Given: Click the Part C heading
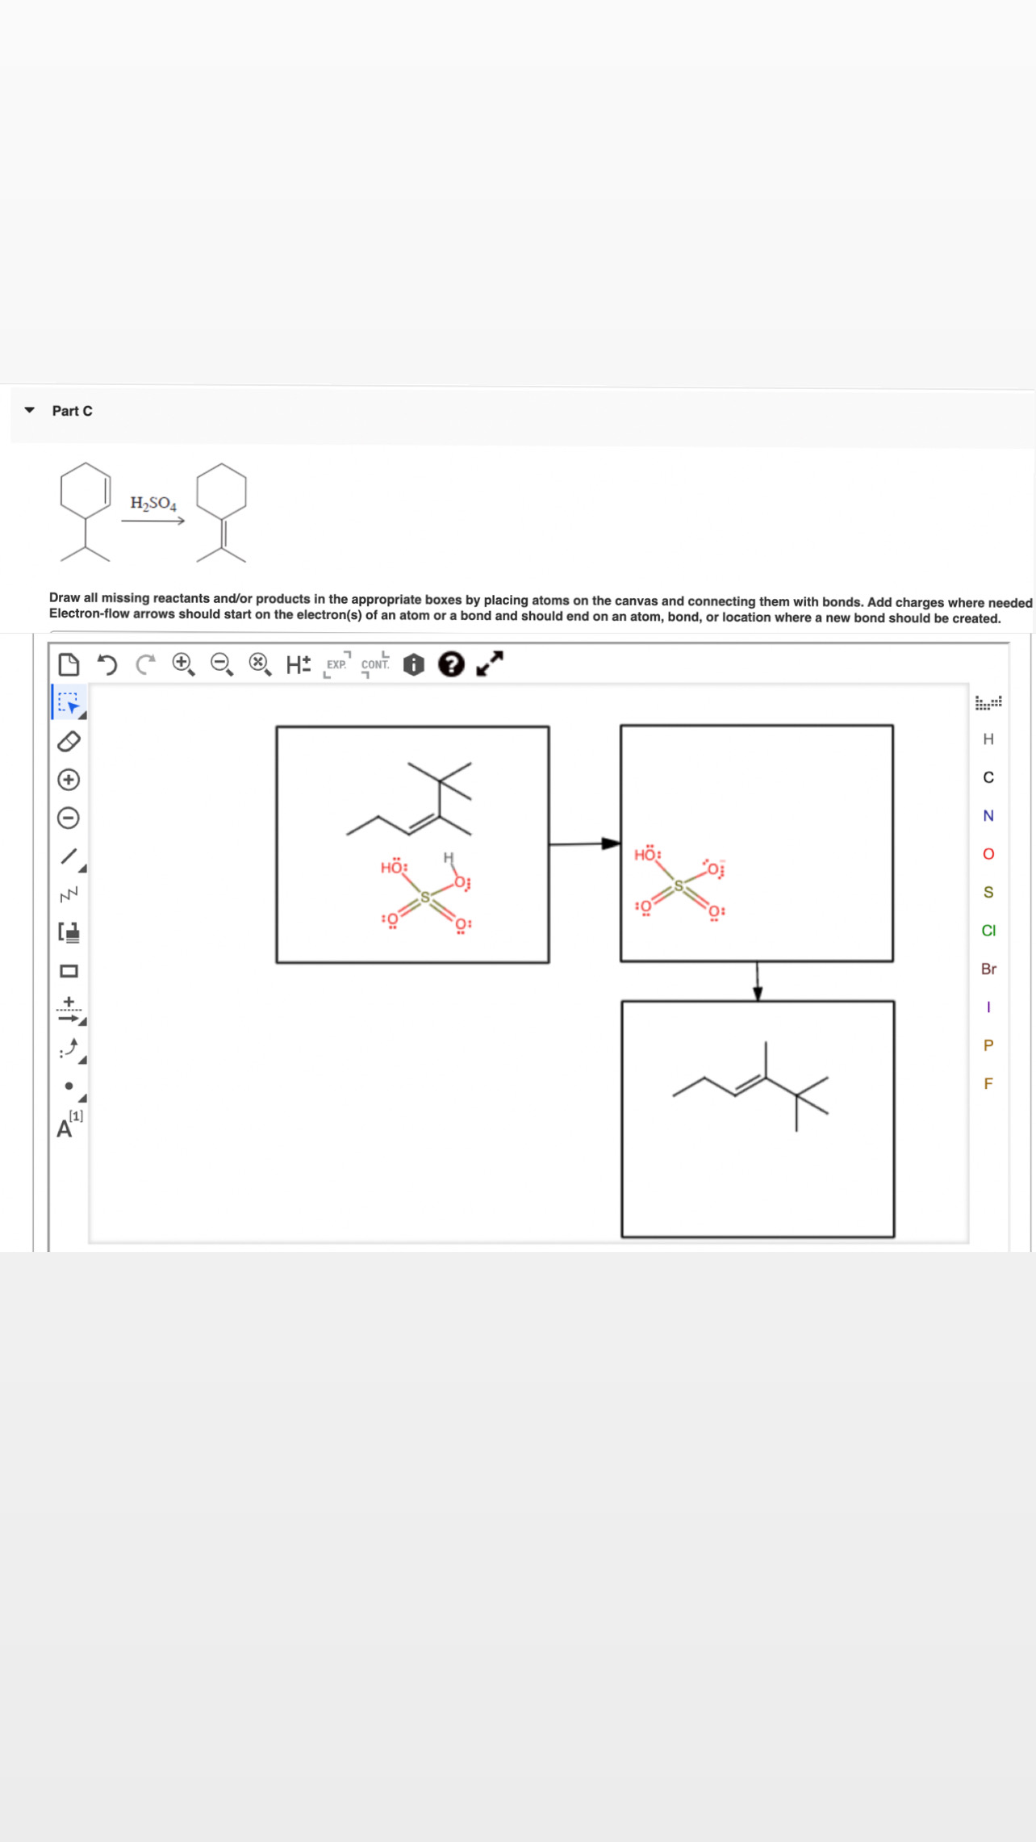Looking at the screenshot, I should click(72, 411).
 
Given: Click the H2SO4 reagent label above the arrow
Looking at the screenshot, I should click(153, 503).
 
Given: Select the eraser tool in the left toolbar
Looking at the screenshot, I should click(69, 741).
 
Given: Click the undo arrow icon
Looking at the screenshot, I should click(107, 664).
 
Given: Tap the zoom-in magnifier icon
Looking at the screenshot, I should click(183, 664).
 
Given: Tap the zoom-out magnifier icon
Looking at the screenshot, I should click(221, 664).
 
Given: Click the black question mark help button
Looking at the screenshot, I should click(451, 664).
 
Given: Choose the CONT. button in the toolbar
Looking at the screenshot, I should click(375, 664).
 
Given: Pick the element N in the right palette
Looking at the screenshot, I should click(988, 815).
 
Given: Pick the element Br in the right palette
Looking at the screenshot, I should click(988, 969).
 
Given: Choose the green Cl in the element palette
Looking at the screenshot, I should click(988, 931).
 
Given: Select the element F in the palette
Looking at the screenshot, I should click(988, 1083).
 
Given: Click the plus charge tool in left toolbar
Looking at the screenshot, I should click(69, 780).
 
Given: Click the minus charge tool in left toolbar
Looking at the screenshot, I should click(69, 818).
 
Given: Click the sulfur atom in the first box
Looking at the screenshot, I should click(425, 898).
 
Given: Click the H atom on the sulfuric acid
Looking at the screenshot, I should click(448, 857).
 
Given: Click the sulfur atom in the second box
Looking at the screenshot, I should click(679, 885).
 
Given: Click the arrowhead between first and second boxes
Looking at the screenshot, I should click(611, 844).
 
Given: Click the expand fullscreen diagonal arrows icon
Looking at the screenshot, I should click(490, 664).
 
